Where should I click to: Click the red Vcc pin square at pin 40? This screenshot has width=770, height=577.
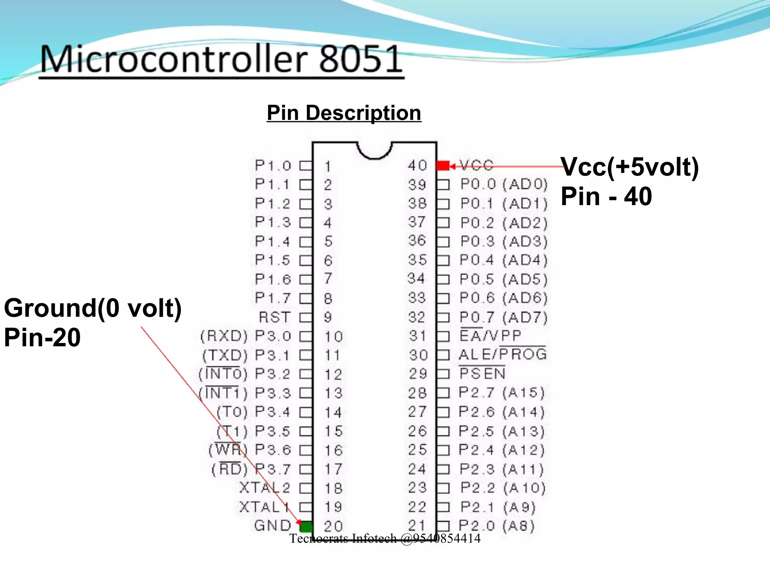click(x=443, y=166)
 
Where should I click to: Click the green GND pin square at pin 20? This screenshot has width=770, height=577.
click(x=306, y=527)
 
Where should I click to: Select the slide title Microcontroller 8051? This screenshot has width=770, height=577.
click(x=221, y=59)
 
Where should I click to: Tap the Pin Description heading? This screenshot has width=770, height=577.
click(x=344, y=113)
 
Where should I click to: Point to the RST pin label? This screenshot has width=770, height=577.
click(x=275, y=317)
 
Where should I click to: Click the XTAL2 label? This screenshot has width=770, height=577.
click(x=265, y=488)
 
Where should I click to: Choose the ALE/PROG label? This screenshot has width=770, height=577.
click(x=503, y=355)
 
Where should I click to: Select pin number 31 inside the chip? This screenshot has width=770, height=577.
click(x=418, y=336)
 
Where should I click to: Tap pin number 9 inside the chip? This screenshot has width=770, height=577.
click(x=328, y=317)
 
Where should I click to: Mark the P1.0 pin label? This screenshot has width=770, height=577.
click(x=273, y=166)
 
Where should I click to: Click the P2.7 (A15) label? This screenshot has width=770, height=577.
click(x=502, y=393)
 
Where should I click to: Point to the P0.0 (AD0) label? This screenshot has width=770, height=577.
click(x=504, y=184)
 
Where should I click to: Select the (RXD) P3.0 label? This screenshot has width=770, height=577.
click(x=246, y=336)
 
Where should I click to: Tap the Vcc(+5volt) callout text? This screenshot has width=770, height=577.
click(x=630, y=167)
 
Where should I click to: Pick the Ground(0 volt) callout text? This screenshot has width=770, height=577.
click(x=93, y=308)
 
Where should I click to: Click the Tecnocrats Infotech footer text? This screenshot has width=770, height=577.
click(x=385, y=539)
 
